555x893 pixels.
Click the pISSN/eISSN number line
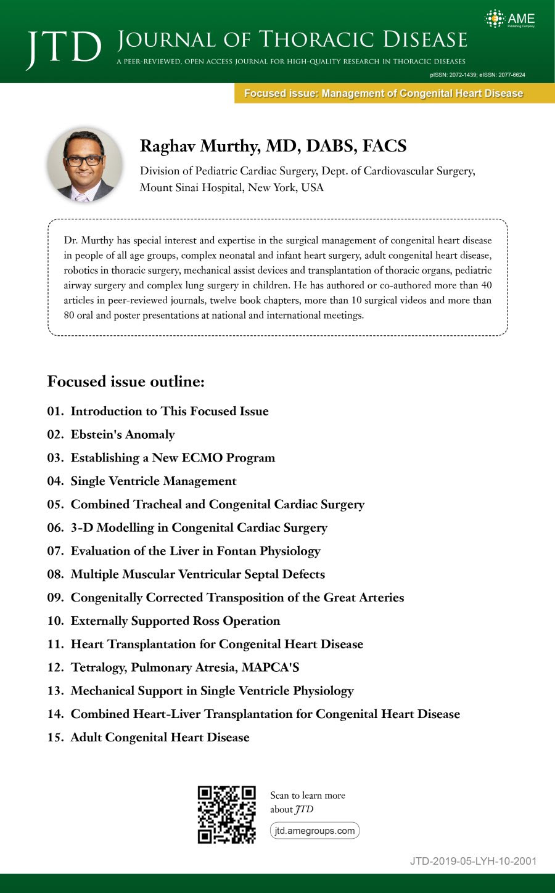pos(477,75)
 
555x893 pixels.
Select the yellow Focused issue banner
pos(384,94)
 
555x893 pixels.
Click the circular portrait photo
pos(85,165)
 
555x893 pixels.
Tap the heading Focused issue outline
pos(126,381)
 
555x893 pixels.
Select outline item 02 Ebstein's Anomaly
pos(122,434)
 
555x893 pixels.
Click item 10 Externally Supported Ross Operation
pos(175,621)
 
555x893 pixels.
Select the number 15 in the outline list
pos(55,738)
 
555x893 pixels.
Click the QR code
pos(226,814)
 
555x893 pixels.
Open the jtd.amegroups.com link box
pos(314,831)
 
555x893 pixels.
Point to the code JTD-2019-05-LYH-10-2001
pos(473,861)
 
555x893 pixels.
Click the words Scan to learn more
pos(307,796)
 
